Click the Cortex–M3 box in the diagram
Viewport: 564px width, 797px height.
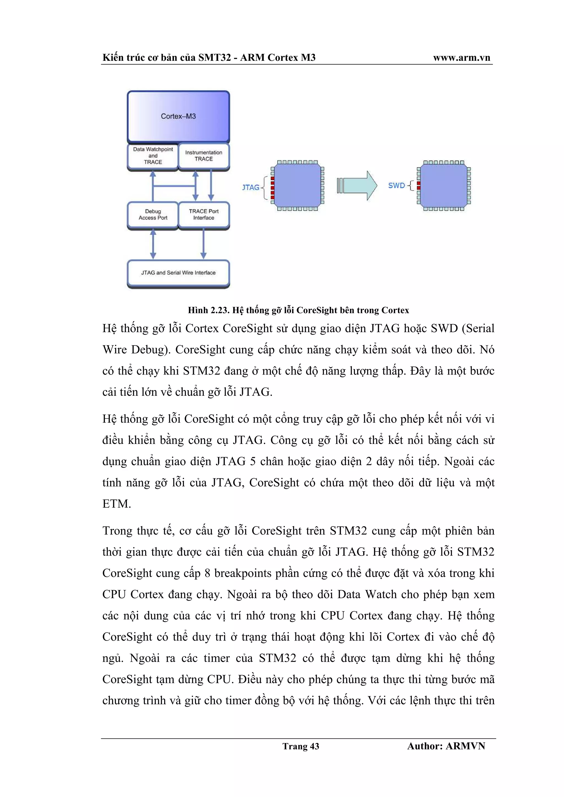point(178,116)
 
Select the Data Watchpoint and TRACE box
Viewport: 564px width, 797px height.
point(153,156)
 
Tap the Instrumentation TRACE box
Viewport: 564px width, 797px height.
point(204,156)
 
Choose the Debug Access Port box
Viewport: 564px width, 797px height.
point(153,215)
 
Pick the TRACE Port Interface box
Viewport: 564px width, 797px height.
point(204,215)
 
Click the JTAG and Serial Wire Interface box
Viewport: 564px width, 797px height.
point(178,273)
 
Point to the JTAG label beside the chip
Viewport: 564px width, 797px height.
point(251,188)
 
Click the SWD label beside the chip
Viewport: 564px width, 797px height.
point(397,185)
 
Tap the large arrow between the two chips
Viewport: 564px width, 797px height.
point(357,185)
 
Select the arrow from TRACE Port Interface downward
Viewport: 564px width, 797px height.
point(204,244)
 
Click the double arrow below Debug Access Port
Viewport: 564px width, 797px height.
point(153,244)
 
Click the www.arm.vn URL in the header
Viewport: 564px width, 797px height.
point(462,58)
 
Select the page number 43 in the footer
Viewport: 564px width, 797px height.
point(314,746)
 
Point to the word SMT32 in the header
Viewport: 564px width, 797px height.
point(215,58)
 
